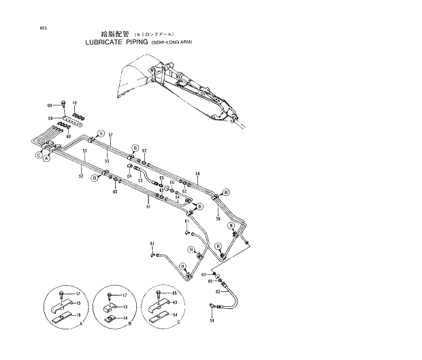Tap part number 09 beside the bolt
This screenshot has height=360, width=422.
click(x=50, y=105)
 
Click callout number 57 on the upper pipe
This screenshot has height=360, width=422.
click(x=110, y=135)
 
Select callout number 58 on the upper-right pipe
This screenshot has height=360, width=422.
click(x=197, y=174)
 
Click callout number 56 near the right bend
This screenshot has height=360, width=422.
click(x=218, y=218)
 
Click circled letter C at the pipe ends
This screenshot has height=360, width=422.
click(x=39, y=155)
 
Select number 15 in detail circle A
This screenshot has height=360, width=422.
click(x=78, y=303)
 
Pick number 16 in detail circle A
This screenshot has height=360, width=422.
click(x=78, y=315)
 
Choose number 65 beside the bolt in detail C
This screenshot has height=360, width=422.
click(x=174, y=293)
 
